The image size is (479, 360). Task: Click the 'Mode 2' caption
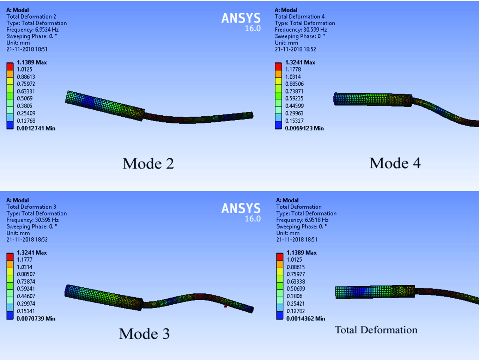click(148, 164)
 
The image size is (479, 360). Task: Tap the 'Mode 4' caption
click(395, 163)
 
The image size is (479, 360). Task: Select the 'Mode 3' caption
click(144, 334)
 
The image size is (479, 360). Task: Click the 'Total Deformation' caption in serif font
click(376, 330)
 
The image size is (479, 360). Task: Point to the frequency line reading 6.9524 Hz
click(32, 30)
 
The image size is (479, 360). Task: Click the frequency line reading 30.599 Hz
click(301, 30)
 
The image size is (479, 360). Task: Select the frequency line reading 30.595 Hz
click(32, 220)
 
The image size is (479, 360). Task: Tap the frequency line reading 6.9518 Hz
click(302, 220)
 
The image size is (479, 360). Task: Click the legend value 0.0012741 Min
click(36, 128)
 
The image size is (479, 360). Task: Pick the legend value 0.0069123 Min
click(304, 128)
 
